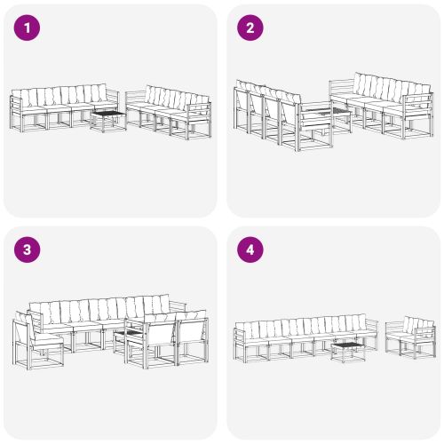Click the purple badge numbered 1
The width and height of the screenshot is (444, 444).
click(28, 28)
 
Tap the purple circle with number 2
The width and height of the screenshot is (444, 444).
click(250, 28)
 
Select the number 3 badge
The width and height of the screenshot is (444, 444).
click(28, 250)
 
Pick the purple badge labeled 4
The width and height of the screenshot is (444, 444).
click(250, 250)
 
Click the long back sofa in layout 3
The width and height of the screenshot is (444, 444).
click(102, 320)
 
